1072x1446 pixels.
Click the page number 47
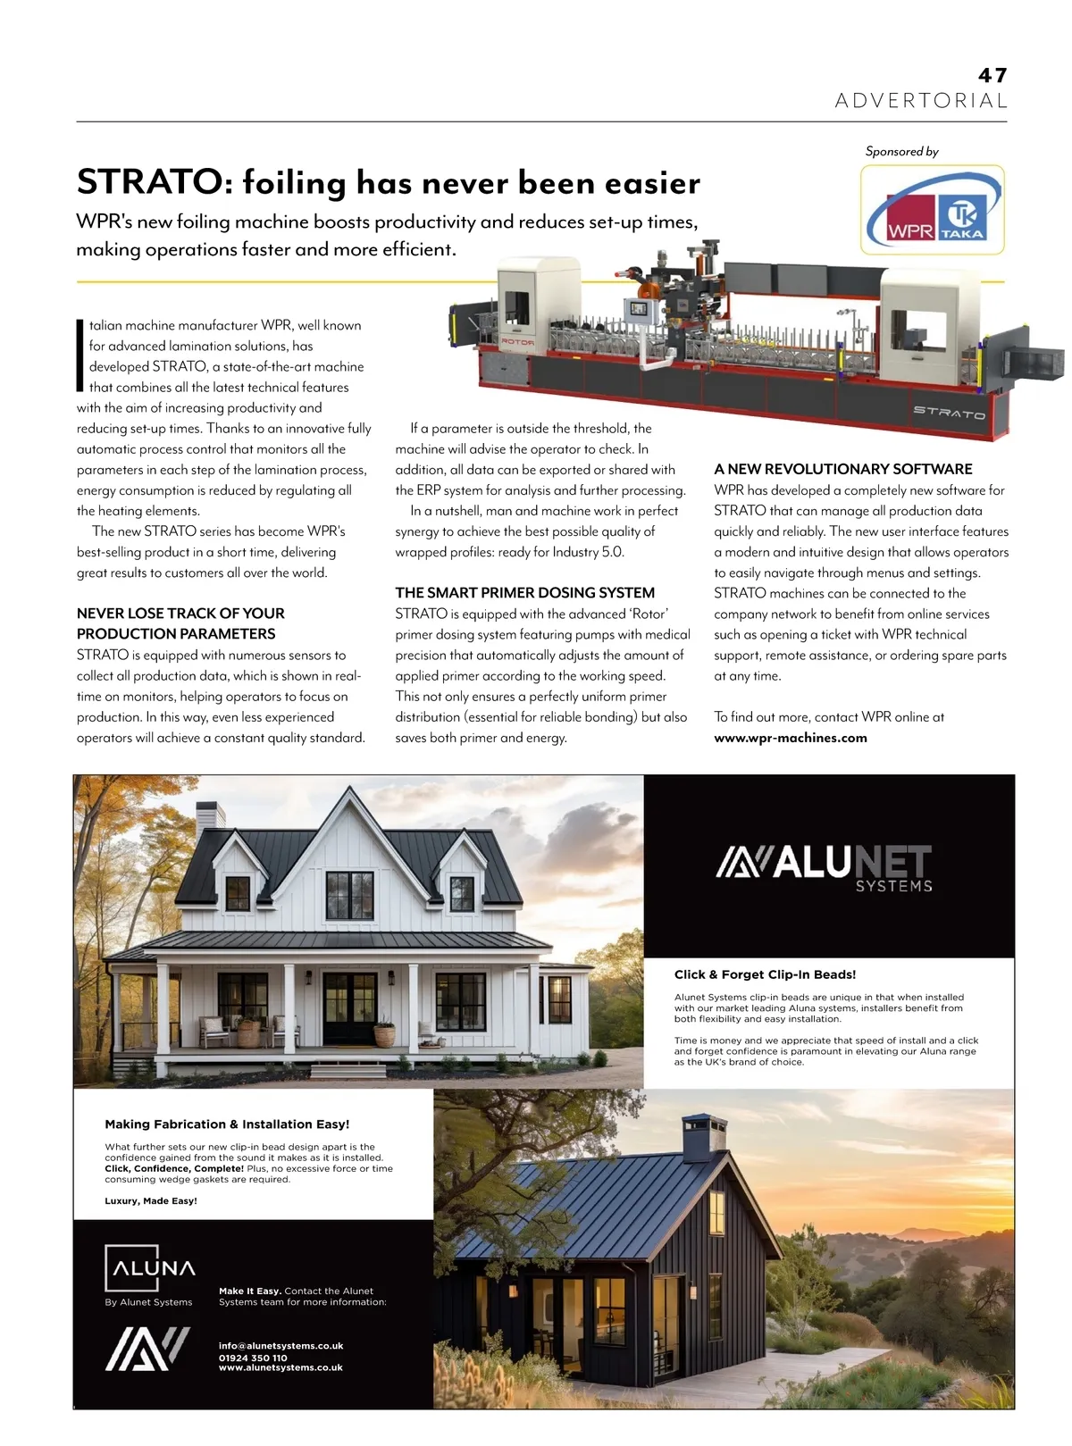[992, 76]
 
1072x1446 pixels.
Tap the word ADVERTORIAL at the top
[920, 101]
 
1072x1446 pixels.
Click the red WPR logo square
[910, 218]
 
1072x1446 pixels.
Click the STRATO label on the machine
[949, 412]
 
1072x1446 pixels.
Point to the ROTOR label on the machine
[517, 341]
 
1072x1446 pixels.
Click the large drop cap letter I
[80, 355]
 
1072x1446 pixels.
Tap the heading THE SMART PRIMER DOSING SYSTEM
[524, 592]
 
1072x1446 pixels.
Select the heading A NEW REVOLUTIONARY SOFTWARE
[842, 469]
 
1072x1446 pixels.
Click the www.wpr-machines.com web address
[790, 738]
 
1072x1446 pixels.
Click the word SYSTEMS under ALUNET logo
[893, 886]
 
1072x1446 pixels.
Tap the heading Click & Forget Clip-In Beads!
[765, 974]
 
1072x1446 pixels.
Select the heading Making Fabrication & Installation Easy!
[227, 1124]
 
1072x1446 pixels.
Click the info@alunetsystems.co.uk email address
[281, 1346]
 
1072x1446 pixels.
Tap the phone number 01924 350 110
[253, 1358]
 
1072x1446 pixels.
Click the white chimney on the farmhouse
[211, 815]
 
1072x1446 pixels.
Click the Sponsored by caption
[901, 151]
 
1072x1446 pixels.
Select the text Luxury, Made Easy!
[151, 1201]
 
